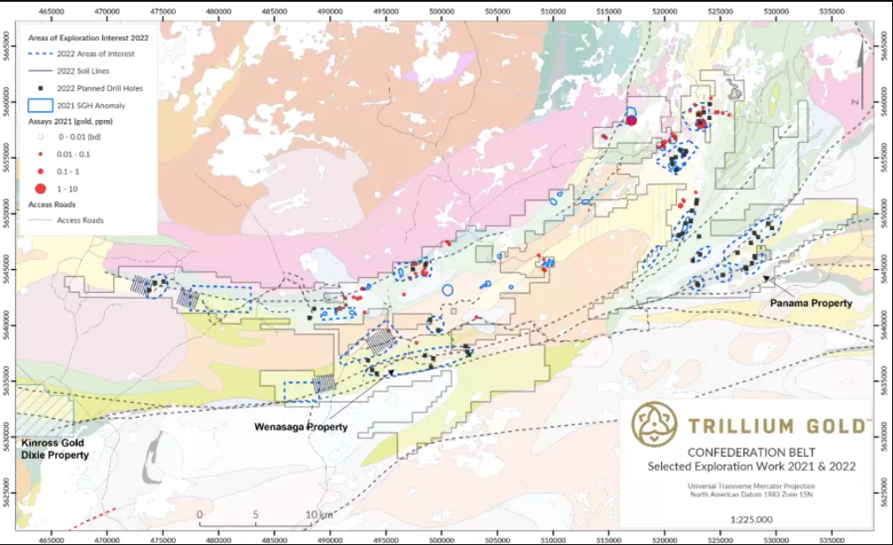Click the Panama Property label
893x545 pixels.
pyautogui.click(x=811, y=303)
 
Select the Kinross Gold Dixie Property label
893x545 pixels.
pyautogui.click(x=55, y=450)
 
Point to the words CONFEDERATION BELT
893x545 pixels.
pyautogui.click(x=747, y=452)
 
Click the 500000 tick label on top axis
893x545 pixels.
pyautogui.click(x=441, y=12)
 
